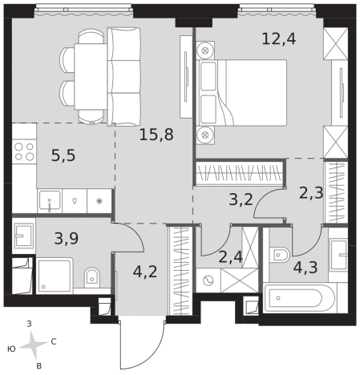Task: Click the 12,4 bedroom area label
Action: [279, 39]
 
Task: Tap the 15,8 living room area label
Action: [156, 135]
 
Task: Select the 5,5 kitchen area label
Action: [63, 155]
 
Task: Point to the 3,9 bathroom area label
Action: [67, 239]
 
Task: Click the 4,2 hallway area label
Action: [145, 272]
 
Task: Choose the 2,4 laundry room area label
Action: [230, 257]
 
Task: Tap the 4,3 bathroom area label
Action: [305, 268]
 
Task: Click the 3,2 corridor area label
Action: [241, 200]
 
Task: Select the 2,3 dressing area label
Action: [311, 193]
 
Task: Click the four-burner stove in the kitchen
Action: [24, 151]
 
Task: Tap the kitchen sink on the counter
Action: [50, 201]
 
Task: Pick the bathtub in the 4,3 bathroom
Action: [299, 298]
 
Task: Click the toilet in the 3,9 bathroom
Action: [92, 277]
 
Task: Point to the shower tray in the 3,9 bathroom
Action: [55, 276]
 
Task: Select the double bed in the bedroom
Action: [241, 92]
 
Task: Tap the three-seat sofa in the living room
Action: [123, 76]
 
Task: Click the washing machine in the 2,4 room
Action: [208, 280]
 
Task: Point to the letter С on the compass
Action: [54, 341]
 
